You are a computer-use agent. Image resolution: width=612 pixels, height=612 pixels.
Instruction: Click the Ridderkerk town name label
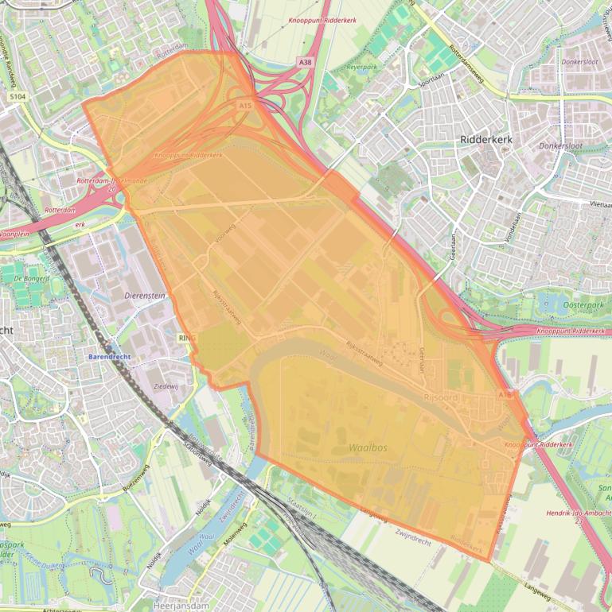pyautogui.click(x=486, y=139)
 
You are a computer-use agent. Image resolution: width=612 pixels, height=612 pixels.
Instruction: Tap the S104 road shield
pyautogui.click(x=18, y=96)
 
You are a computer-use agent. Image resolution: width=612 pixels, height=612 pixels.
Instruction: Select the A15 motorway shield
pyautogui.click(x=244, y=104)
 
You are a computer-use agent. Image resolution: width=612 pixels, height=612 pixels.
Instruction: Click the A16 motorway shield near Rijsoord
pyautogui.click(x=505, y=394)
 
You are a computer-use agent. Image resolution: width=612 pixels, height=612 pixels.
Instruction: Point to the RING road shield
pyautogui.click(x=187, y=338)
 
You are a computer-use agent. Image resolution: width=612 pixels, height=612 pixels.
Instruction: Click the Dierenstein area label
pyautogui.click(x=145, y=294)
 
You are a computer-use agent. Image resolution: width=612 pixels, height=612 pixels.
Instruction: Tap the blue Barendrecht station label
pyautogui.click(x=109, y=357)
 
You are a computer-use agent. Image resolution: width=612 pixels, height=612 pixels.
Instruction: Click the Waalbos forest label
pyautogui.click(x=368, y=447)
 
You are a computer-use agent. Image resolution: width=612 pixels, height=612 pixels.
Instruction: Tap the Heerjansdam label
pyautogui.click(x=181, y=605)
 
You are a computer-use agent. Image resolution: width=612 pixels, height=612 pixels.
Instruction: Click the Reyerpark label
pyautogui.click(x=361, y=68)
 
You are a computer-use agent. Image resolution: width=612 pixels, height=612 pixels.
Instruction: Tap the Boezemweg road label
pyautogui.click(x=136, y=484)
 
